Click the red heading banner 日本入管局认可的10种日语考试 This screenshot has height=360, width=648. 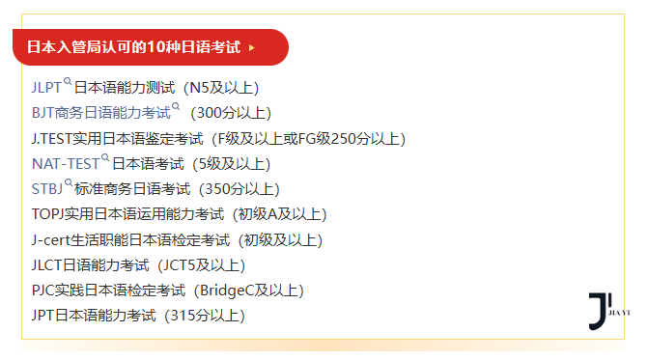click(135, 46)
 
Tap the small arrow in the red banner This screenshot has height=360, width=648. click(252, 46)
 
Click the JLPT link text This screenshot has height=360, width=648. click(46, 87)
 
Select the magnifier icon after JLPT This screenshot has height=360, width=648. click(68, 82)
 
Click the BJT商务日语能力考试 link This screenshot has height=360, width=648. click(100, 112)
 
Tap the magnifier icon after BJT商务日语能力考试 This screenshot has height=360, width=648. click(176, 107)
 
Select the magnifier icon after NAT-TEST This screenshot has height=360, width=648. click(105, 158)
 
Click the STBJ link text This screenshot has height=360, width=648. click(47, 188)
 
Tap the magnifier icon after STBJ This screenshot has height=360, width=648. click(69, 183)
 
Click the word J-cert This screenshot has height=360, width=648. click(51, 239)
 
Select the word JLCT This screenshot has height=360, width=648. click(47, 264)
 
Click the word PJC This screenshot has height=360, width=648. click(43, 290)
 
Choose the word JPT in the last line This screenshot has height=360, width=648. click(43, 315)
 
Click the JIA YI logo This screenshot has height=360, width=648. click(608, 309)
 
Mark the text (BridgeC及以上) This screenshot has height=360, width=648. click(248, 290)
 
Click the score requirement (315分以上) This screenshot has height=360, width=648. click(204, 315)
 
